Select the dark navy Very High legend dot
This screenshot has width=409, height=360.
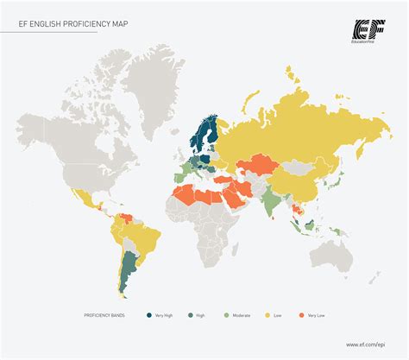[148, 316]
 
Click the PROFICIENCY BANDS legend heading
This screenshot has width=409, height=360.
[104, 316]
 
